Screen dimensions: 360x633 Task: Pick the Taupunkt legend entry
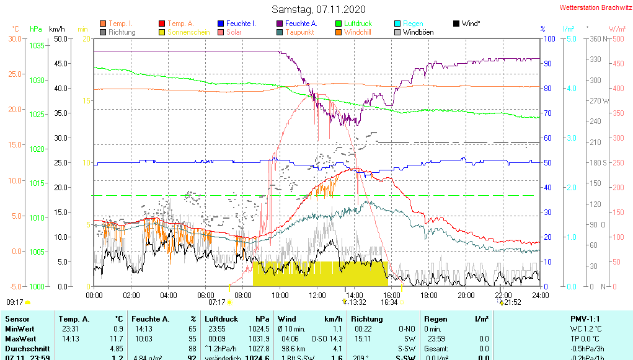pos(299,32)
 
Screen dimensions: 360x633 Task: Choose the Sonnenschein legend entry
pos(188,32)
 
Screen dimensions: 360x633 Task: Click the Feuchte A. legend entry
pos(299,24)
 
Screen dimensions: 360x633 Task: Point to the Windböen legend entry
pos(418,32)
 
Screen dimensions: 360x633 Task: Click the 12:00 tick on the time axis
pos(317,295)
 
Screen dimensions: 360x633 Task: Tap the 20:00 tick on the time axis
pos(466,295)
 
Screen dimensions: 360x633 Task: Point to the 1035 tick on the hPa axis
pos(37,45)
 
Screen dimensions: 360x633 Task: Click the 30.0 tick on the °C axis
pos(14,38)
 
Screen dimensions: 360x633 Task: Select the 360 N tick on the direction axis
pos(596,38)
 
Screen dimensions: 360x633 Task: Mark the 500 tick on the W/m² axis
pos(618,38)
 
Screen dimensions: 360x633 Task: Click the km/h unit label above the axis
pos(57,29)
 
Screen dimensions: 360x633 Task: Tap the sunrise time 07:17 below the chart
pos(217,302)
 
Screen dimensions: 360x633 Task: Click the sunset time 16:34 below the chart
pos(389,302)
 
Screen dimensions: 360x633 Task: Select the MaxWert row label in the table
pos(19,339)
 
